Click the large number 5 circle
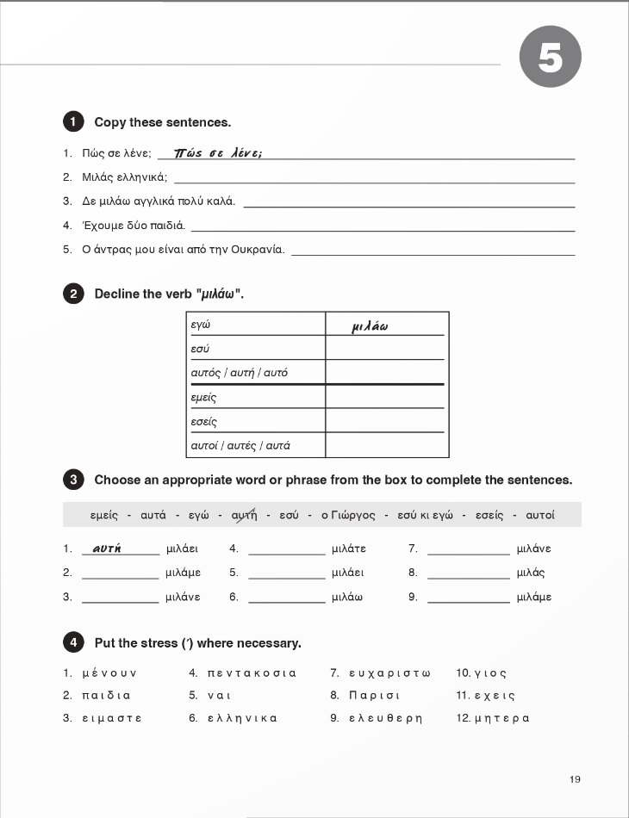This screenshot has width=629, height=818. (x=551, y=57)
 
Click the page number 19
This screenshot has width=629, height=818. (x=575, y=779)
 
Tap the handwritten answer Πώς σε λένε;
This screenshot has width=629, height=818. (x=218, y=152)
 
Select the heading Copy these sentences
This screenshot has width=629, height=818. (x=162, y=122)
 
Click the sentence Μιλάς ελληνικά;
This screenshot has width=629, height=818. (x=125, y=177)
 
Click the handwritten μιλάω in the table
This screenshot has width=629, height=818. (x=371, y=326)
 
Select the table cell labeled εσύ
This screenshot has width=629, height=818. (x=256, y=349)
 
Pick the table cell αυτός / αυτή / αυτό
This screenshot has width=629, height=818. (x=256, y=373)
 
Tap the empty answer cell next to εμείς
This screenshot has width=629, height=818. (x=385, y=397)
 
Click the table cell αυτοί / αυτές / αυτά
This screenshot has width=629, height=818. (x=256, y=445)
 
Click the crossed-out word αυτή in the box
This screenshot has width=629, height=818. (x=244, y=515)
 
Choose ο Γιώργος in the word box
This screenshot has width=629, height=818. (x=348, y=515)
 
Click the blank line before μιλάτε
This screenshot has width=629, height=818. (x=286, y=550)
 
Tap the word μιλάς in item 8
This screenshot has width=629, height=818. (x=531, y=573)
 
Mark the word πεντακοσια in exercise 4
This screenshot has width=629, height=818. (x=252, y=672)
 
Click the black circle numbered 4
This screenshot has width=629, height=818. (x=74, y=642)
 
